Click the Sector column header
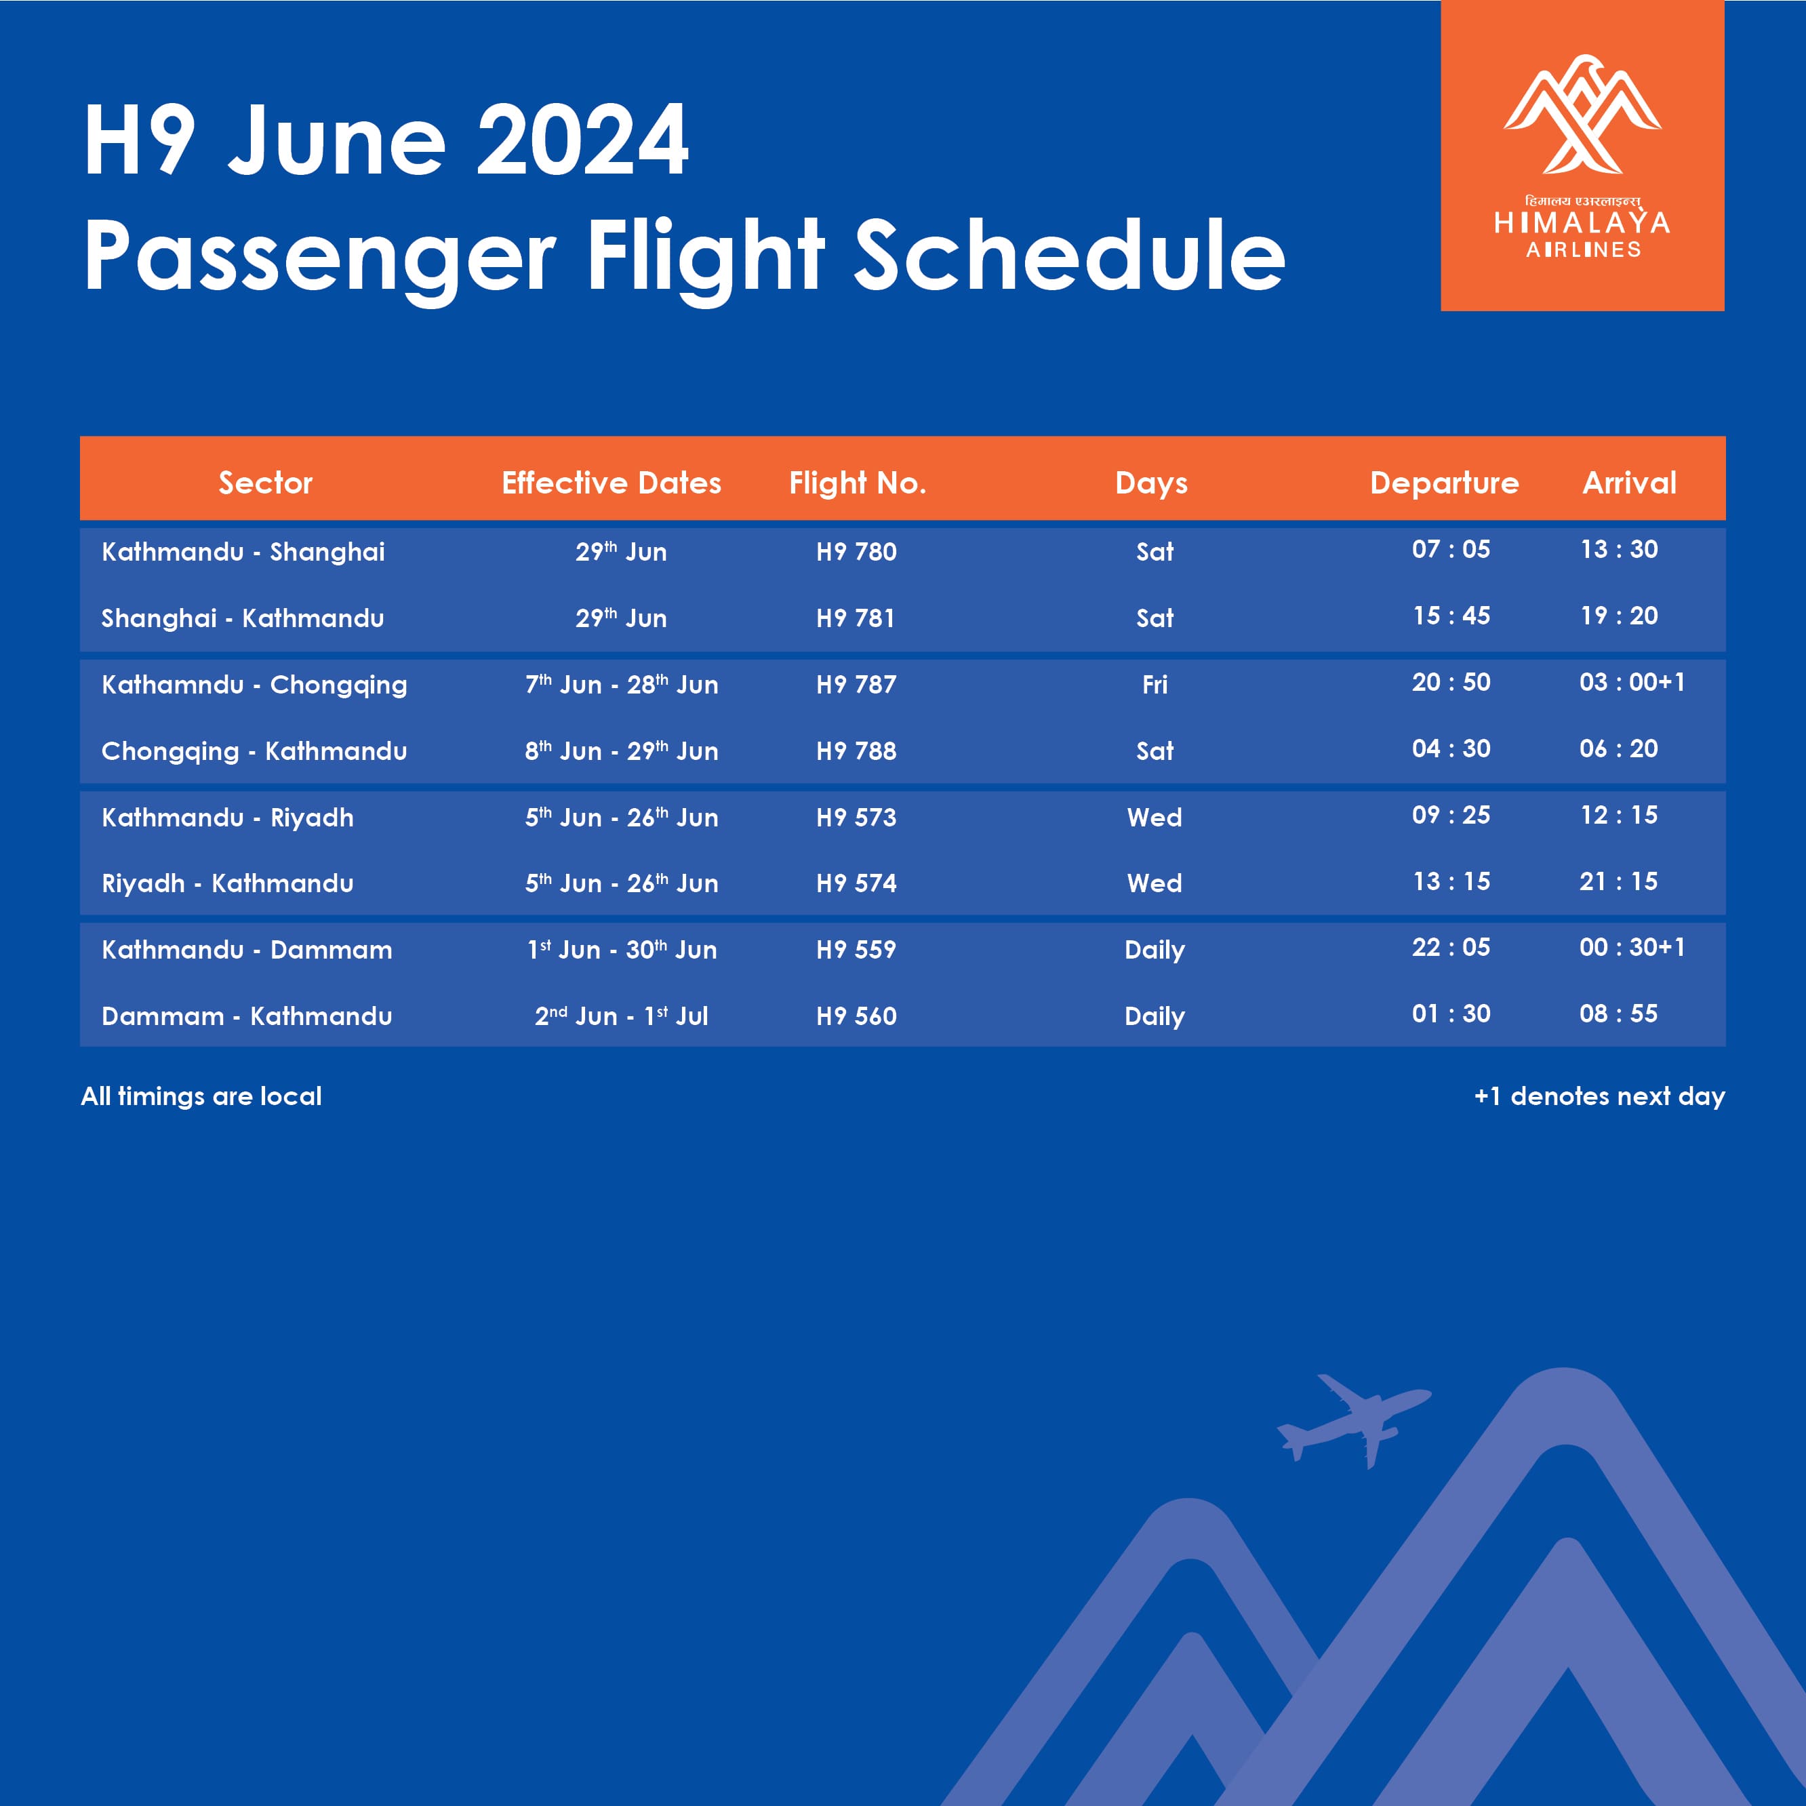click(x=266, y=483)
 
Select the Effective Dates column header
click(x=611, y=483)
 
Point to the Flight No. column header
click(x=857, y=483)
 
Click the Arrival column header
click(x=1629, y=483)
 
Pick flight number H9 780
click(x=856, y=552)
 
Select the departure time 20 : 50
click(x=1451, y=683)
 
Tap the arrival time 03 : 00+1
click(x=1632, y=683)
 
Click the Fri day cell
click(x=1155, y=684)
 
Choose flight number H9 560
click(x=856, y=1016)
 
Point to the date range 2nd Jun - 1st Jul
click(x=621, y=1015)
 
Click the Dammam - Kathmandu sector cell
click(x=247, y=1016)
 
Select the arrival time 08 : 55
click(x=1618, y=1014)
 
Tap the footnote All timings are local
click(x=201, y=1096)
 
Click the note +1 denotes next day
click(x=1599, y=1096)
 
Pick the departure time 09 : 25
click(x=1451, y=815)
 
